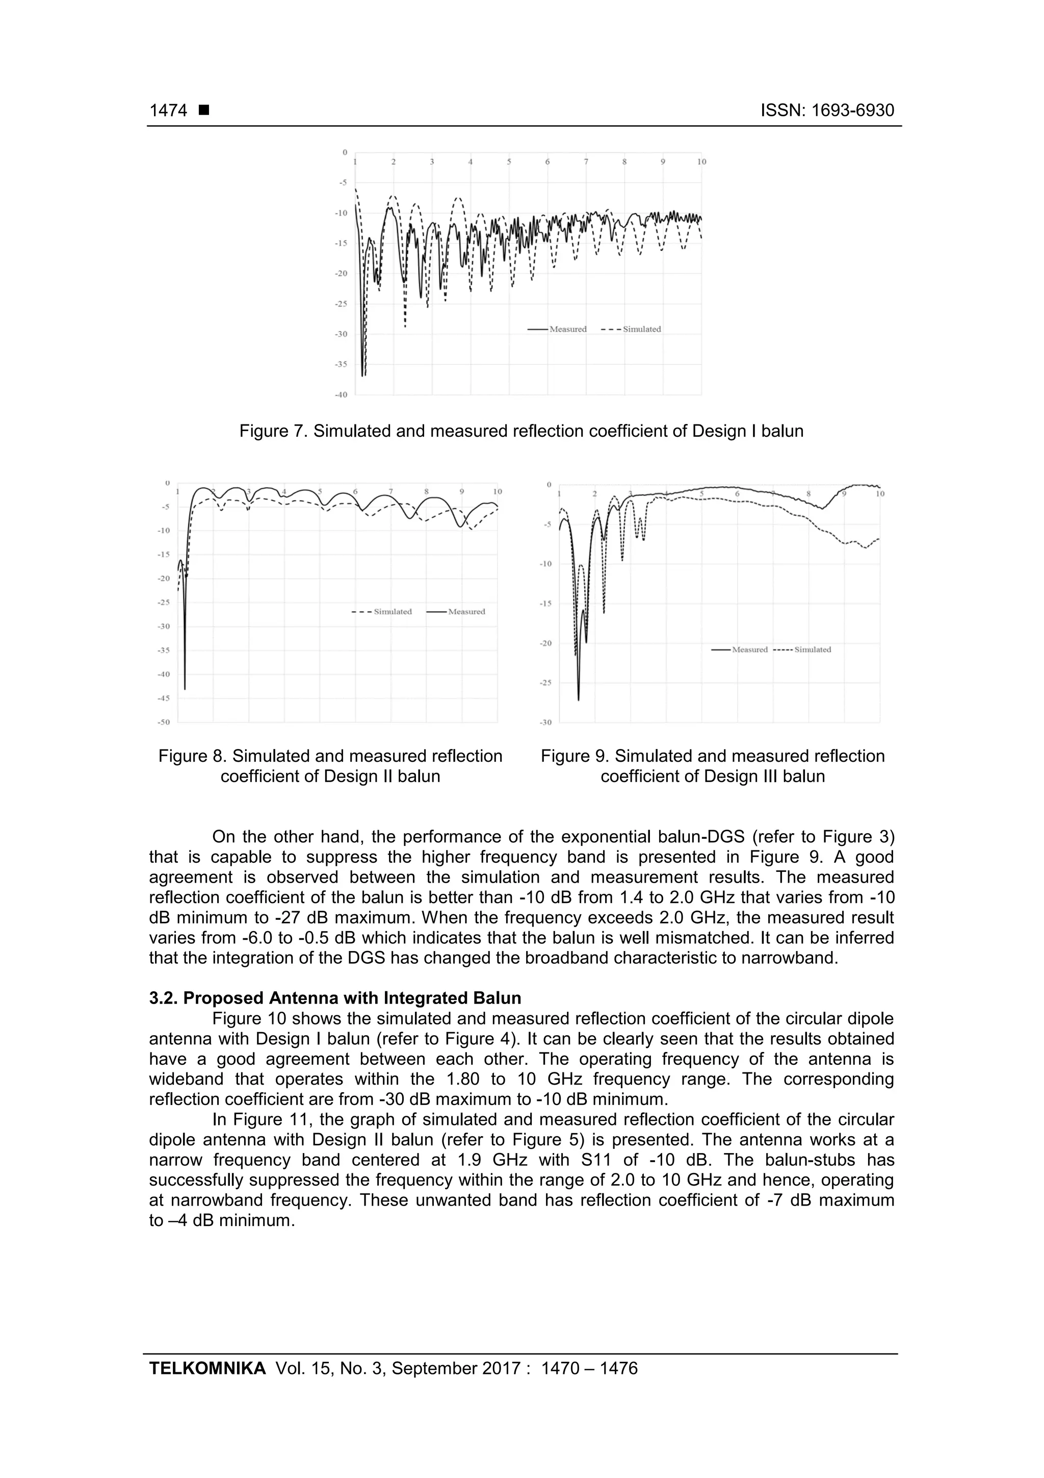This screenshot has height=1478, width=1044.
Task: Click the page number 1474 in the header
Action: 168,111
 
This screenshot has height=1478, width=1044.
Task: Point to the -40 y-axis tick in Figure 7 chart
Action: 341,394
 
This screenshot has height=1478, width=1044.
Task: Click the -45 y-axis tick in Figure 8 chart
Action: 164,698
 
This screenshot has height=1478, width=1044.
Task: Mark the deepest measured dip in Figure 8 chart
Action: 185,689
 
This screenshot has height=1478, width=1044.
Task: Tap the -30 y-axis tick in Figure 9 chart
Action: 545,723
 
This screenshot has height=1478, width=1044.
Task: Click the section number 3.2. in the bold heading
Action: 164,998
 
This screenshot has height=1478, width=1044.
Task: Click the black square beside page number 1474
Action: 204,111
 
